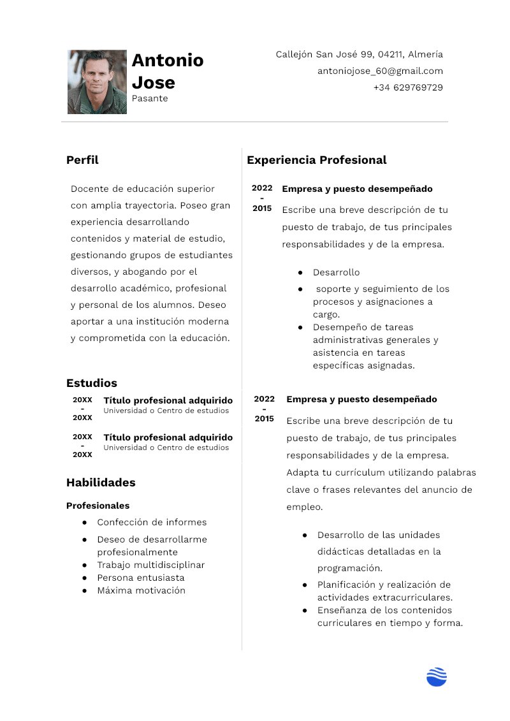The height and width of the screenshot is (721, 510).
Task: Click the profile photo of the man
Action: pyautogui.click(x=97, y=82)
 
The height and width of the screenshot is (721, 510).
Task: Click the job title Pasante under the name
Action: pyautogui.click(x=150, y=98)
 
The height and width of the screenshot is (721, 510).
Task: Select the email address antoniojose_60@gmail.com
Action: pyautogui.click(x=380, y=71)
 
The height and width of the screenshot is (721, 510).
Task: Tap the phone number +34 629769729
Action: pyautogui.click(x=408, y=87)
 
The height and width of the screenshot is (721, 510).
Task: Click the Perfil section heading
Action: pyautogui.click(x=82, y=160)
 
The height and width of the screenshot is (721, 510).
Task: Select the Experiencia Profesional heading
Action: pyautogui.click(x=316, y=160)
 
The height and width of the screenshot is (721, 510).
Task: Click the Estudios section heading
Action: pyautogui.click(x=92, y=383)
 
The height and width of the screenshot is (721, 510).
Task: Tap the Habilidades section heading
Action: pyautogui.click(x=101, y=483)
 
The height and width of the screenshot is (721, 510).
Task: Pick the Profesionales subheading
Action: pyautogui.click(x=98, y=506)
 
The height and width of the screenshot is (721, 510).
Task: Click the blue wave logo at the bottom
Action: pyautogui.click(x=437, y=676)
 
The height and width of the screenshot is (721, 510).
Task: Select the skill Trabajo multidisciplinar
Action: pyautogui.click(x=150, y=565)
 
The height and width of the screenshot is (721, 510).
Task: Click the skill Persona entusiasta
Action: pyautogui.click(x=140, y=578)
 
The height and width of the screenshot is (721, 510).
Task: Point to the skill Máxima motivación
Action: pyautogui.click(x=141, y=590)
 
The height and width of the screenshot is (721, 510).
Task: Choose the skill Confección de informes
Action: pyautogui.click(x=152, y=522)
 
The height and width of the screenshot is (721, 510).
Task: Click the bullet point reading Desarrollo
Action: pyautogui.click(x=336, y=272)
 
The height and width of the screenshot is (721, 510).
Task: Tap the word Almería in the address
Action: pyautogui.click(x=425, y=54)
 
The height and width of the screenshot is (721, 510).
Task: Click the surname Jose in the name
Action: pyautogui.click(x=153, y=82)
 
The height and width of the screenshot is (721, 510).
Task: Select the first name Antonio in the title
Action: pyautogui.click(x=168, y=60)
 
